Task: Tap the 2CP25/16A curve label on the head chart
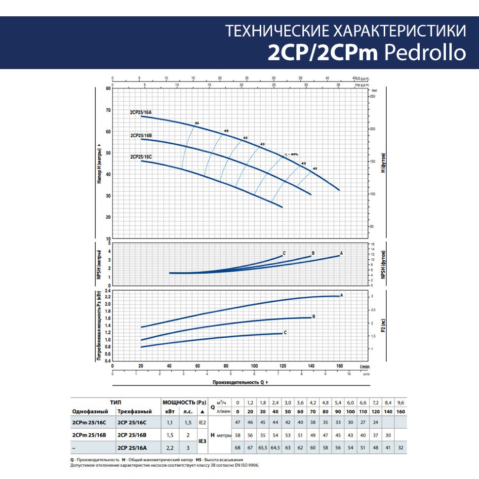(141, 113)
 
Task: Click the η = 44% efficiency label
(292, 155)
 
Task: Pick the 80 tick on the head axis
(108, 89)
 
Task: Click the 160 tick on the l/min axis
(339, 366)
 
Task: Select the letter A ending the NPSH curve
(342, 253)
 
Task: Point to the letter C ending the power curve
(285, 333)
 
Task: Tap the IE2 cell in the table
(201, 423)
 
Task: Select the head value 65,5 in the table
(263, 447)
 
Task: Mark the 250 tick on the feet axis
(373, 96)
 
